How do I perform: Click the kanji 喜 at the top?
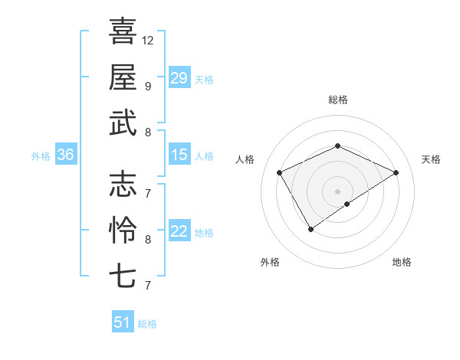pyautogui.click(x=123, y=31)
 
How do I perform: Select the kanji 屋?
pyautogui.click(x=123, y=77)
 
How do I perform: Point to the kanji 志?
pyautogui.click(x=123, y=184)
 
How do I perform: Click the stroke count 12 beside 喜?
pyautogui.click(x=148, y=40)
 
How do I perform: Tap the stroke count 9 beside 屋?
pyautogui.click(x=148, y=86)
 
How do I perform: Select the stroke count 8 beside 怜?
pyautogui.click(x=148, y=239)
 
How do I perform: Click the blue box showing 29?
pyautogui.click(x=179, y=78)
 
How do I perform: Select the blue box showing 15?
pyautogui.click(x=179, y=155)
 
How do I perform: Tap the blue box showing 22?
pyautogui.click(x=179, y=231)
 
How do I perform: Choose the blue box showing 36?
pyautogui.click(x=65, y=155)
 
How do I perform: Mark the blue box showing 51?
pyautogui.click(x=122, y=322)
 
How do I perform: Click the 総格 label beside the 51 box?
pyautogui.click(x=147, y=324)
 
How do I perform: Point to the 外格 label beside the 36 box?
pyautogui.click(x=41, y=156)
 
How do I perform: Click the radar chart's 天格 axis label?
pyautogui.click(x=431, y=159)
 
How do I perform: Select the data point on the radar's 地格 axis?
pyautogui.click(x=347, y=204)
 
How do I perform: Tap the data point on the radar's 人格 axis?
pyautogui.click(x=280, y=172)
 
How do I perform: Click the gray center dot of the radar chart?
pyautogui.click(x=337, y=190)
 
